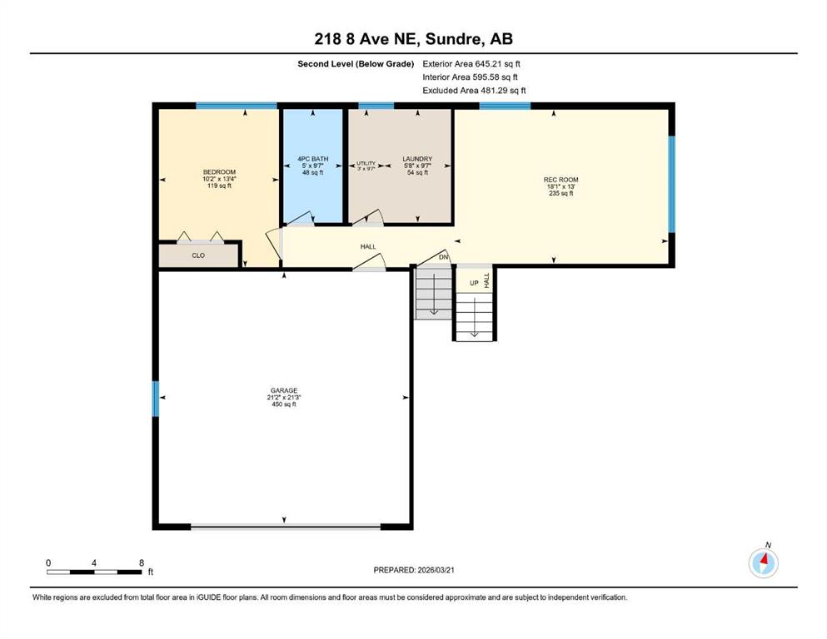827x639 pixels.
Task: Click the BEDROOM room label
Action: click(219, 171)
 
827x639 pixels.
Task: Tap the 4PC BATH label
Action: click(313, 159)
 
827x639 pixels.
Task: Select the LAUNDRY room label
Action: click(417, 159)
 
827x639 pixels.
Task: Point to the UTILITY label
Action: click(366, 163)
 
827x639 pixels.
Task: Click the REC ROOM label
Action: click(560, 180)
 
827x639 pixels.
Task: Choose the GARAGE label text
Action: click(284, 390)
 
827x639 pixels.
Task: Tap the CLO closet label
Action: click(198, 255)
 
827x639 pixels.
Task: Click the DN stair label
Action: click(444, 257)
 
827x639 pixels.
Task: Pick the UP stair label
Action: click(474, 283)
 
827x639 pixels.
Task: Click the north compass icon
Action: click(763, 562)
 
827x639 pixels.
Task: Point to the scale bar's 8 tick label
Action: click(142, 562)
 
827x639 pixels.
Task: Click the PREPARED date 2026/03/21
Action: click(436, 570)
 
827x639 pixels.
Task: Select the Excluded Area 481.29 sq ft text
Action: click(474, 91)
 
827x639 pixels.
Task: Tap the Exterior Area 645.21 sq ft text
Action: click(471, 64)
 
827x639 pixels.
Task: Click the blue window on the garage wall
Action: click(156, 399)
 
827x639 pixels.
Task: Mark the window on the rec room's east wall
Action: click(672, 185)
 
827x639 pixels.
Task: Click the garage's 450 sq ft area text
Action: click(284, 404)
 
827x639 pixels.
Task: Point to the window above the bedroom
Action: click(237, 106)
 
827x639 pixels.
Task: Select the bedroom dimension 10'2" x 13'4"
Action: click(219, 179)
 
